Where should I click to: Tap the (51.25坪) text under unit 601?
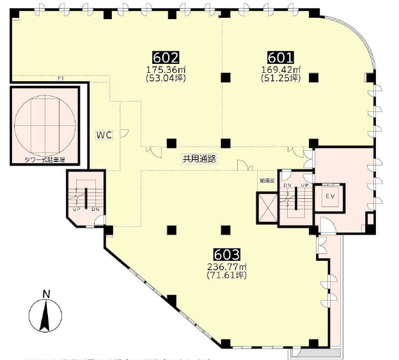click(280, 79)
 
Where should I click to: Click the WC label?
click(104, 136)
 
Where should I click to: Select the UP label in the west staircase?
click(75, 209)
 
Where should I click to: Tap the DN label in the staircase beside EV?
click(287, 185)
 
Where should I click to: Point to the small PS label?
click(61, 79)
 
